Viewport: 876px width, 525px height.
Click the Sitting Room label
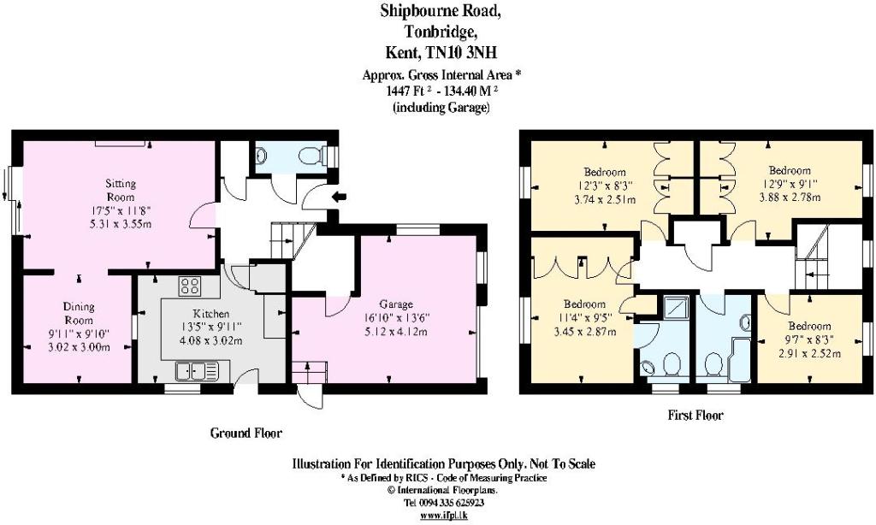(121, 190)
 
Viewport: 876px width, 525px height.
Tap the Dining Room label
(79, 313)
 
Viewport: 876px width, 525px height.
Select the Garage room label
(396, 304)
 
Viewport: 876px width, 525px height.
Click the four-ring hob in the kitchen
(191, 286)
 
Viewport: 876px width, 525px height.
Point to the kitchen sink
(196, 370)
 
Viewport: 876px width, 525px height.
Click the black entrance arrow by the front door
(339, 196)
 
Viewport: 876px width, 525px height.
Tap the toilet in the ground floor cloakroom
(310, 156)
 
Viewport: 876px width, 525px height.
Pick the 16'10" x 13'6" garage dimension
(396, 318)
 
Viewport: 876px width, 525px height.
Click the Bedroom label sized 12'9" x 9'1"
(790, 170)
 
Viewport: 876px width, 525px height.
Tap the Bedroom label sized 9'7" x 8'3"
(809, 326)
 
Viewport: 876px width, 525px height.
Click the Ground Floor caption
(246, 433)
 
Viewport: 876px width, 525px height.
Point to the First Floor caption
(695, 416)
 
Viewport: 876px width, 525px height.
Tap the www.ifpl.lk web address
(444, 515)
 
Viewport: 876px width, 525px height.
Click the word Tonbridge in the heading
(441, 32)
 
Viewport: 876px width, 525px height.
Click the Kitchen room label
(211, 313)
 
